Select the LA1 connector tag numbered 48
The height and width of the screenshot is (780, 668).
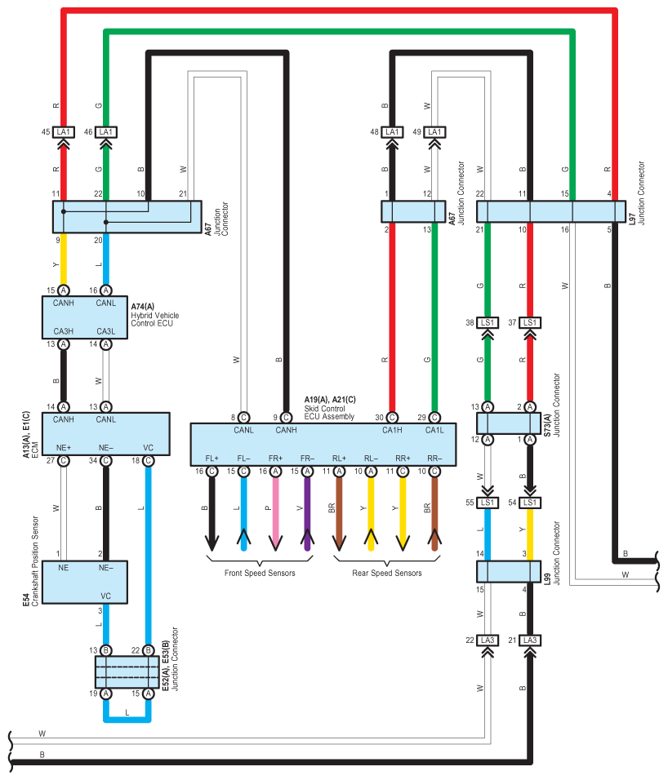click(392, 132)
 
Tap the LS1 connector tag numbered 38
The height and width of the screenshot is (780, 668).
click(488, 323)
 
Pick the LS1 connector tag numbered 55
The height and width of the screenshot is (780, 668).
click(488, 503)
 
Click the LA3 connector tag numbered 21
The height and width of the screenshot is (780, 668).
click(530, 640)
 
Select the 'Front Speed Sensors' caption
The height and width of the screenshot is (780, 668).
click(260, 573)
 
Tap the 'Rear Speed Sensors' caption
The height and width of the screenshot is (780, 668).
click(387, 573)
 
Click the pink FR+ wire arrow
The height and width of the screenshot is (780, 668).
click(275, 513)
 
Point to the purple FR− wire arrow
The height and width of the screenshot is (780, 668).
click(307, 513)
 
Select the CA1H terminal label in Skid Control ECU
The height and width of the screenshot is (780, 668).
click(392, 431)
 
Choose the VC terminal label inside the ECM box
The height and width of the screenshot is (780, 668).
click(148, 448)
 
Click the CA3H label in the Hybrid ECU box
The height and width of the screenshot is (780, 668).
click(64, 331)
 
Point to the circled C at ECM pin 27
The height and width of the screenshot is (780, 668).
click(63, 461)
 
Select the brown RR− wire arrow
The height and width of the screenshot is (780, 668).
click(434, 513)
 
